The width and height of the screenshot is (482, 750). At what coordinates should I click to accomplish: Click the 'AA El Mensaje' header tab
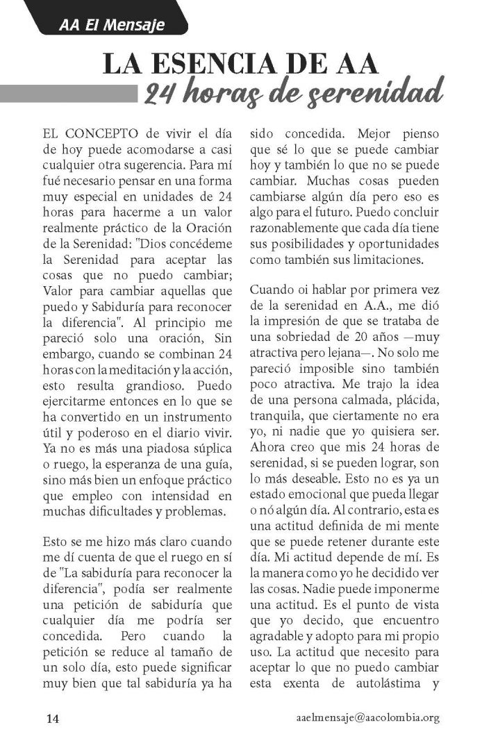pos(112,26)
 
